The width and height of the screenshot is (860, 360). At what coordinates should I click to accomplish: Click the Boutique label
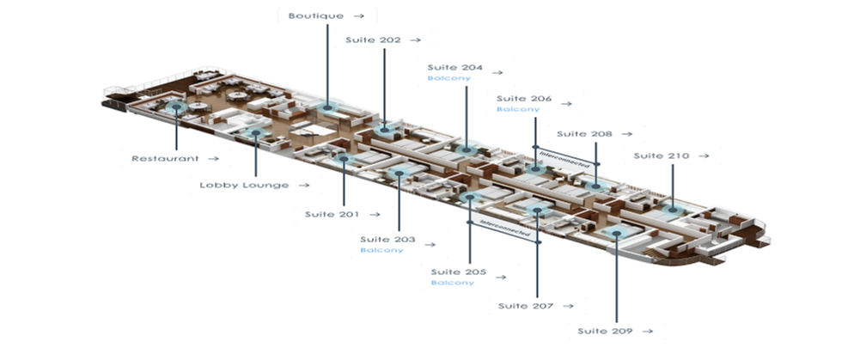pos(316,16)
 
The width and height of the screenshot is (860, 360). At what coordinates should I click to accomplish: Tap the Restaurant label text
pos(165,159)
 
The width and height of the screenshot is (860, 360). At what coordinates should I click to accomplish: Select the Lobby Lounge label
pos(244,185)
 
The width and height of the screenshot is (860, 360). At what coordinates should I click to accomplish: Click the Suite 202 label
pos(374,40)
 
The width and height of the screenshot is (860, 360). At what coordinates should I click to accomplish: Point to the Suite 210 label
pos(662,156)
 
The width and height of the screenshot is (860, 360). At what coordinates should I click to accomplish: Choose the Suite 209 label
pos(606,331)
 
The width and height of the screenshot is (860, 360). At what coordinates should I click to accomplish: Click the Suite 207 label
pos(526,306)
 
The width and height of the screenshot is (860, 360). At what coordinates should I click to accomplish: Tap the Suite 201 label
pos(332,214)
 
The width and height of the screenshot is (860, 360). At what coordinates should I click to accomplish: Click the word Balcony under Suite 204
pos(449,78)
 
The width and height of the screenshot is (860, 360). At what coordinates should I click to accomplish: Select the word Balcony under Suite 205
pos(453,283)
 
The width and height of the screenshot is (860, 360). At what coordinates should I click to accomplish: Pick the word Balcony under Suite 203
pos(381,250)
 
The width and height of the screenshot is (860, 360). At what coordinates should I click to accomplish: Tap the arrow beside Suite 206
pos(566,103)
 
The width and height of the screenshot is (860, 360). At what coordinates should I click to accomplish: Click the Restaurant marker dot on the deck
pos(177,107)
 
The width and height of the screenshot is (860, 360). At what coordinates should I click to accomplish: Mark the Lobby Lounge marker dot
pos(255,133)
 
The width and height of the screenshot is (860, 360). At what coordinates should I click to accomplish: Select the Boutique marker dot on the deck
pos(327,107)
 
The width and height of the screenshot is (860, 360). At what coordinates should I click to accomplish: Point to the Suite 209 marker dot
pos(617,234)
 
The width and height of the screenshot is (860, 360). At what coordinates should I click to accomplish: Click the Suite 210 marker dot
pos(673,209)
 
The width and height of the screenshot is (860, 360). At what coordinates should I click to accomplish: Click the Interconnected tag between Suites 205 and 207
pos(504,231)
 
